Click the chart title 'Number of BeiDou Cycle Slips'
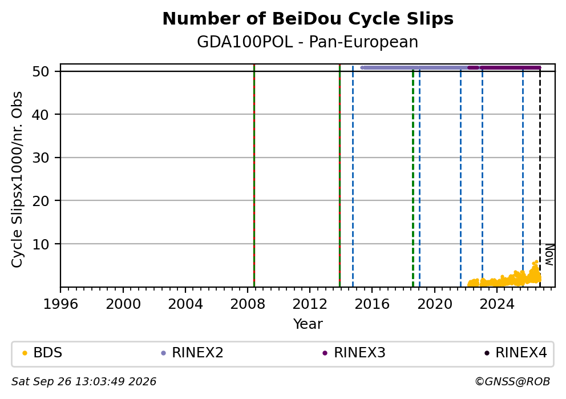[x=308, y=19]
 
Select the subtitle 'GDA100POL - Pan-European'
[x=308, y=42]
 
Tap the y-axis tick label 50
[x=41, y=71]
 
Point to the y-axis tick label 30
[x=41, y=158]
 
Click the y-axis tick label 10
[x=41, y=244]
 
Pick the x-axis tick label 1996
[x=60, y=304]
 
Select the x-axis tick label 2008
[x=248, y=304]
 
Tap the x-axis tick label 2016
[x=372, y=304]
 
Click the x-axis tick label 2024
[x=497, y=304]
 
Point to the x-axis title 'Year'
[x=308, y=324]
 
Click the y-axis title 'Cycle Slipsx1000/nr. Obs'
[x=17, y=179]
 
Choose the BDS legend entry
[x=42, y=352]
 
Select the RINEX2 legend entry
[x=192, y=352]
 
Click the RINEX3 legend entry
[x=354, y=352]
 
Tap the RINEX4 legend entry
[x=515, y=352]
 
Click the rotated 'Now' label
[x=549, y=255]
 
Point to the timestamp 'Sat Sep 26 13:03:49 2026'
[x=84, y=382]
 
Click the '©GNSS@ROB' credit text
[x=512, y=382]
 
